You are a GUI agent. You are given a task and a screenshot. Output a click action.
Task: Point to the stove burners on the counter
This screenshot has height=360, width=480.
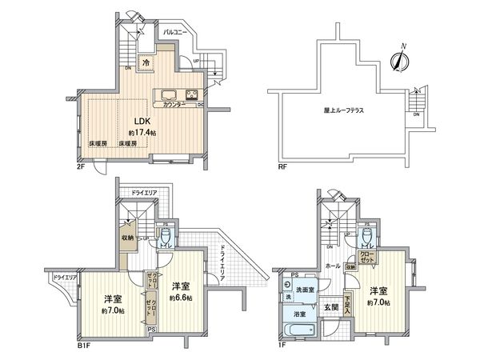click(x=192, y=94)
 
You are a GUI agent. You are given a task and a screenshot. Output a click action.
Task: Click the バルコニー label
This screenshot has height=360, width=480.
click(x=175, y=31)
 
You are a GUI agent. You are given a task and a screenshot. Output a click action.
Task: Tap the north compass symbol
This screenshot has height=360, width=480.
click(x=397, y=58)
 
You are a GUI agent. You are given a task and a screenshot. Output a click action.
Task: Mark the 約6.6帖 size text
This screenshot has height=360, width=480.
click(x=180, y=297)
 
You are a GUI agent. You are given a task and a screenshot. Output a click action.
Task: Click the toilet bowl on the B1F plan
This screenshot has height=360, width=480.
click(x=165, y=236)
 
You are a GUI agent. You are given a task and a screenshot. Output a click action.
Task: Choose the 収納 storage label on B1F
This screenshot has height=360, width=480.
click(x=128, y=237)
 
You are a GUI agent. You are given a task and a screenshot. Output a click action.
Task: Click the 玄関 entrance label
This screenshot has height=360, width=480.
click(x=332, y=306)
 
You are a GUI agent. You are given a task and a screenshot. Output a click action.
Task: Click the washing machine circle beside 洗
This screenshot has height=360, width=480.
click(x=286, y=284)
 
